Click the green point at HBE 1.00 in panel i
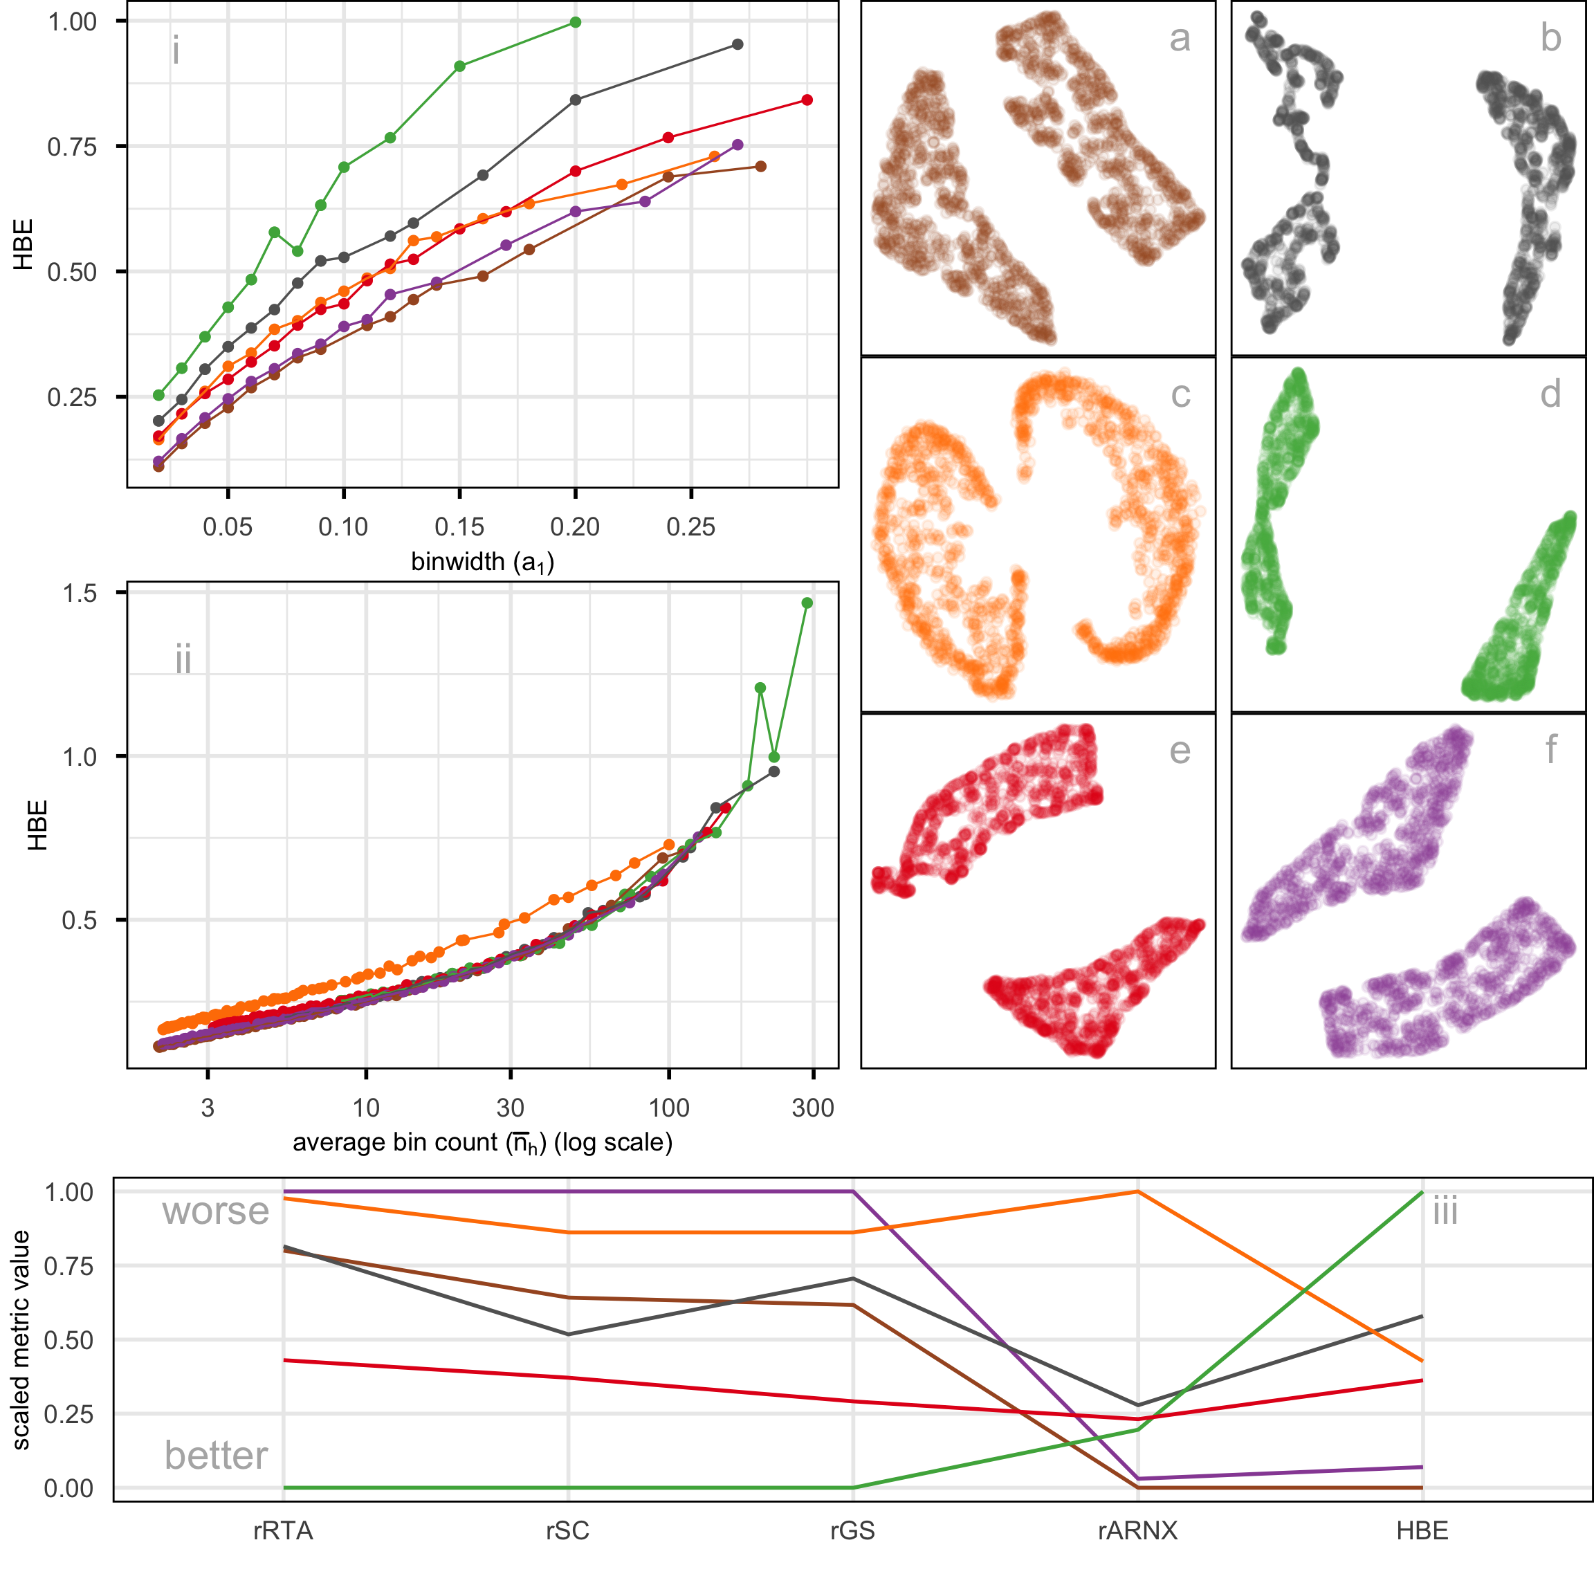575,22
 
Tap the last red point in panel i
807,100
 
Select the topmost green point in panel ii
807,603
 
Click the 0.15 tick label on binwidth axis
459,526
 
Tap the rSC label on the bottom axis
567,1530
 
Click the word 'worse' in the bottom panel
215,1211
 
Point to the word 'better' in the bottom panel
215,1456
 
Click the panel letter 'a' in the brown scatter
1180,39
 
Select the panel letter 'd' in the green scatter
1550,394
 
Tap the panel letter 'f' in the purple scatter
1550,750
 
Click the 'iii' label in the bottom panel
1445,1211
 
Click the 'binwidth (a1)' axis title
483,562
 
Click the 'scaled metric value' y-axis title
21,1340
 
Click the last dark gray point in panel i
738,44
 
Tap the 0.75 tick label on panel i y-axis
72,147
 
